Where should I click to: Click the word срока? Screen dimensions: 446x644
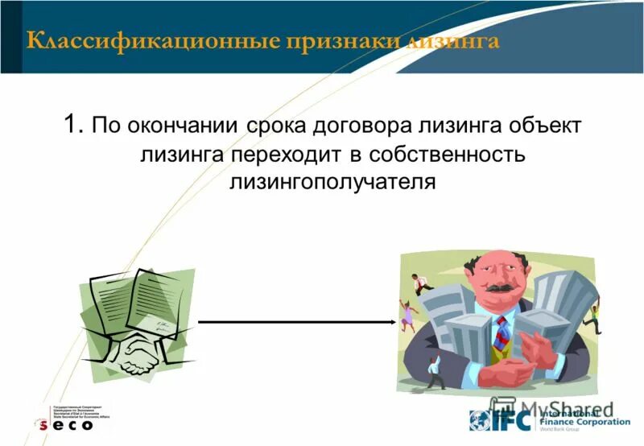pyautogui.click(x=281, y=127)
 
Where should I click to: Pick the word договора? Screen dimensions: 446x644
pyautogui.click(x=369, y=127)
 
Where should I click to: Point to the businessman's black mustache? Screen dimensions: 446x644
pyautogui.click(x=499, y=287)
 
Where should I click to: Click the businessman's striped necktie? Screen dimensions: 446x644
pyautogui.click(x=502, y=331)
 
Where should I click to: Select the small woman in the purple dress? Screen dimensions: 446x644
pyautogui.click(x=407, y=314)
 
